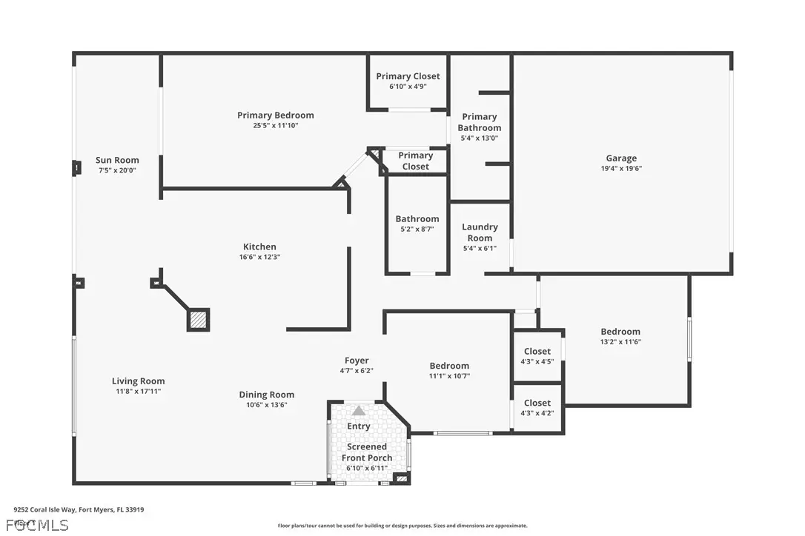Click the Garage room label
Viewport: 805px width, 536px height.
pyautogui.click(x=620, y=158)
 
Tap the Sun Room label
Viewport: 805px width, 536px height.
pyautogui.click(x=117, y=160)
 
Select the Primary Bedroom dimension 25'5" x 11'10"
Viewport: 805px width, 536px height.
pyautogui.click(x=275, y=126)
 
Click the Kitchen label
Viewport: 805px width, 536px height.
pyautogui.click(x=259, y=247)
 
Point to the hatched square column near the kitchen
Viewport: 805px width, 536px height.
pyautogui.click(x=198, y=319)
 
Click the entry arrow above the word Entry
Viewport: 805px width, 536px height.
pyautogui.click(x=359, y=410)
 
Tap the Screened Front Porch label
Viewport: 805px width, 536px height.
pyautogui.click(x=367, y=452)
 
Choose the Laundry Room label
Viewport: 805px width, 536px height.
pyautogui.click(x=480, y=232)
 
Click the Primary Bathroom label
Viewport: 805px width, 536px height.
pyautogui.click(x=479, y=122)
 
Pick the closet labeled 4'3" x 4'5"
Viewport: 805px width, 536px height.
pyautogui.click(x=537, y=356)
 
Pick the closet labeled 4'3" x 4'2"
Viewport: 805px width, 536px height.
pyautogui.click(x=537, y=407)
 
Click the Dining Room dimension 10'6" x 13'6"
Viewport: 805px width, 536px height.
pyautogui.click(x=266, y=405)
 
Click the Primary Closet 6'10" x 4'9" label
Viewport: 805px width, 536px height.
pyautogui.click(x=408, y=81)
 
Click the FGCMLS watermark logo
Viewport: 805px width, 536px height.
pyautogui.click(x=37, y=526)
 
